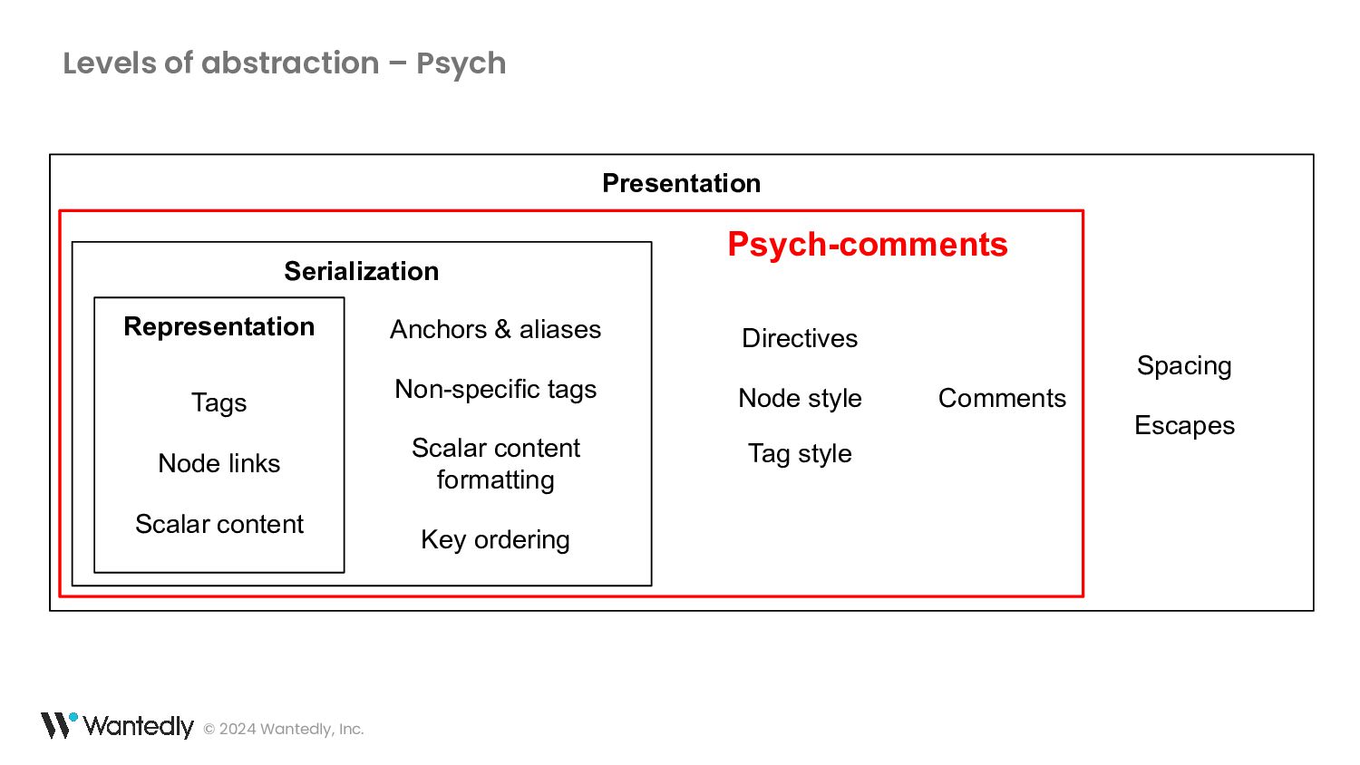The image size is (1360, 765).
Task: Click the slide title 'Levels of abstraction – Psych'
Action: coord(284,63)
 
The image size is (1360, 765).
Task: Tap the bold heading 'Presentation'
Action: coord(681,183)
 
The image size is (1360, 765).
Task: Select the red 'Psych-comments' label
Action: coord(868,244)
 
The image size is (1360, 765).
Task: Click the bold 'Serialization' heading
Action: coord(361,271)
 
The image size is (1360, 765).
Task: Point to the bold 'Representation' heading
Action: coord(219,327)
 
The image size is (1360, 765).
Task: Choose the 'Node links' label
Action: coord(219,463)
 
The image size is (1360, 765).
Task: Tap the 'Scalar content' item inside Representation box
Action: coord(219,524)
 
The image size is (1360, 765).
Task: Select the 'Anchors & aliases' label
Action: coord(495,329)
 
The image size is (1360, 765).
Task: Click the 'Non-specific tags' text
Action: coord(495,390)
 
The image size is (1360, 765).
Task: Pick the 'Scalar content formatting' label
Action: coord(495,464)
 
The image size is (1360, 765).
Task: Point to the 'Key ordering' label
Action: coord(495,539)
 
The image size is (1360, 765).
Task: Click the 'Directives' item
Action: coord(800,338)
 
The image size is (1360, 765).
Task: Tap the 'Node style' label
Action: coord(800,398)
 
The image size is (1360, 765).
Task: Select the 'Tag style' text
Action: coord(800,454)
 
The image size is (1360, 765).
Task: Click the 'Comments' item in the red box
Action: coord(1002,398)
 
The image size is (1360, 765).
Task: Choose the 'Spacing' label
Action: coord(1184,366)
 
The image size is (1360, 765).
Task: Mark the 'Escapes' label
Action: coord(1184,426)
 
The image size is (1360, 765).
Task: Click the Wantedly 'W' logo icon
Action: coord(60,725)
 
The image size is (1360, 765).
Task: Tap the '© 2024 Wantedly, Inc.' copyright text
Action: coord(284,729)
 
